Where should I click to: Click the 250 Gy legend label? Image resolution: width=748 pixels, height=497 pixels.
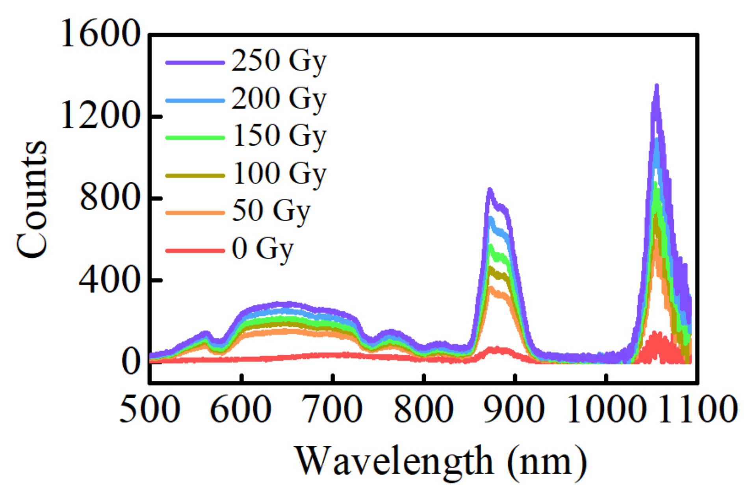[278, 62]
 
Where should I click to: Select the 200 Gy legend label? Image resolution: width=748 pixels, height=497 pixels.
[278, 99]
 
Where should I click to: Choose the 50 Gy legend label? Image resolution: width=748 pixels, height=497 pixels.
[271, 211]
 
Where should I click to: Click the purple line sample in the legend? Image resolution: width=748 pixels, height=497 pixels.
[195, 63]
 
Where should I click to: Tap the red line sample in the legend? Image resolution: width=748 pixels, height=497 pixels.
[195, 250]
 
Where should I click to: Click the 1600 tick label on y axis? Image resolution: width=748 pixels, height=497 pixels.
[100, 35]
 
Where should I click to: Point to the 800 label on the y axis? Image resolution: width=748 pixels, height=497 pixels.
[110, 198]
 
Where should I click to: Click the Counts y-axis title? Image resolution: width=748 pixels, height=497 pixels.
[32, 200]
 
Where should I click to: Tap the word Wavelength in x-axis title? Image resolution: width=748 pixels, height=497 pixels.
[394, 461]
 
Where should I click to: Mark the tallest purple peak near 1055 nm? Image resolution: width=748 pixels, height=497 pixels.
[657, 86]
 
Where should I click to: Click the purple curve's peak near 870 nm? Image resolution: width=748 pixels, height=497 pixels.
[490, 190]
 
